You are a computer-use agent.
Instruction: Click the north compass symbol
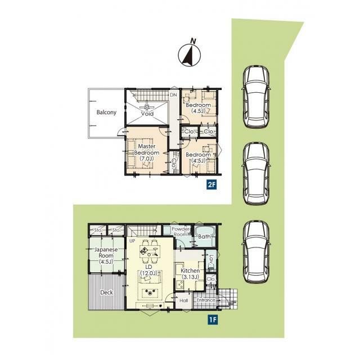coord(190,55)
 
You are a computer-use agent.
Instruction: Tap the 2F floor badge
coord(211,185)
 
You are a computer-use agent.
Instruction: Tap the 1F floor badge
coord(213,320)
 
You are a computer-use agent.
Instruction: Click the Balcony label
coord(106,112)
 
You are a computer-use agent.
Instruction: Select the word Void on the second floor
coord(147,114)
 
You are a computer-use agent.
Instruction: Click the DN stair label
coord(173,95)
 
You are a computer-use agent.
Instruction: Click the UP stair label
coord(132,241)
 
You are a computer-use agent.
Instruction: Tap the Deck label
coord(106,292)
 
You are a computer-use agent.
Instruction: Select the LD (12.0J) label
coord(148,270)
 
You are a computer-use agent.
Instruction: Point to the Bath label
coord(204,236)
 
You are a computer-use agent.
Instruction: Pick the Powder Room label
coord(181,232)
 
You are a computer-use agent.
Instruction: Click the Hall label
coord(184,300)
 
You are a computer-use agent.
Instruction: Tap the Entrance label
coord(206,300)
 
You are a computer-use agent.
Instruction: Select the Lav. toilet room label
coord(211,260)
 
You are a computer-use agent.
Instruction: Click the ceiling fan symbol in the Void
coord(147,107)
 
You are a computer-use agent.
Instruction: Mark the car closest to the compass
coord(256,97)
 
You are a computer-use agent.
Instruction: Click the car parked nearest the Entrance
coord(256,252)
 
